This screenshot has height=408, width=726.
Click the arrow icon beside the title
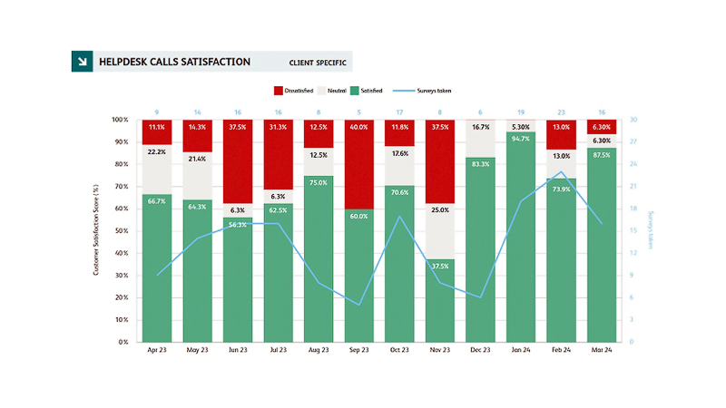pos(83,62)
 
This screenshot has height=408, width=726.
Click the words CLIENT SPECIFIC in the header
pos(317,63)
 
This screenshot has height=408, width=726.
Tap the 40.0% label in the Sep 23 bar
pos(358,128)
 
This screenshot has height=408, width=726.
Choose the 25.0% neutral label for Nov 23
pos(439,210)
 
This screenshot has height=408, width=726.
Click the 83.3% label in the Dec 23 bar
pos(480,163)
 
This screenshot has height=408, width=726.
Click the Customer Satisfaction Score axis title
pos(97,231)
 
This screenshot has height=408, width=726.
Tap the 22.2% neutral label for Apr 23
pos(157,151)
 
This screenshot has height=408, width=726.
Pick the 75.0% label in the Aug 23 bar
pos(319,182)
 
